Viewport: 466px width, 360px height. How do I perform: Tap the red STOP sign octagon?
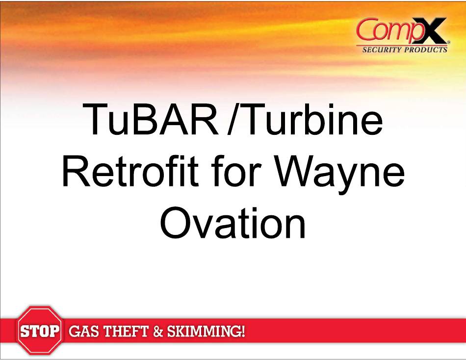pyautogui.click(x=40, y=330)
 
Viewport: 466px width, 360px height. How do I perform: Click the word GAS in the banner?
pyautogui.click(x=83, y=331)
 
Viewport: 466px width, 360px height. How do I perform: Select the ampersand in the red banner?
pyautogui.click(x=158, y=332)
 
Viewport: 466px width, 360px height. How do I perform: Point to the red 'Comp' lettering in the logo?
pyautogui.click(x=388, y=30)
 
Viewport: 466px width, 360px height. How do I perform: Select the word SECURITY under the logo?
pyautogui.click(x=382, y=50)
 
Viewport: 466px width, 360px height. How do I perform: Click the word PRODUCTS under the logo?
pyautogui.click(x=426, y=50)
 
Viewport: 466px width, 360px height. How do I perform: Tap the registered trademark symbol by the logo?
pyautogui.click(x=448, y=43)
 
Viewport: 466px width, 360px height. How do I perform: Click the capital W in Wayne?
pyautogui.click(x=297, y=171)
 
